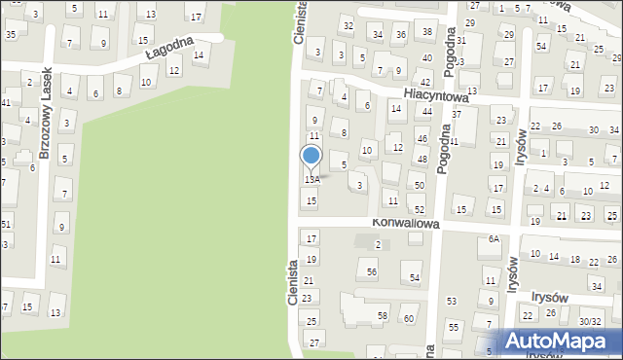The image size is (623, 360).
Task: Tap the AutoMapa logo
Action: (559, 342)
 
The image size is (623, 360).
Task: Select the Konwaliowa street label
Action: (406, 223)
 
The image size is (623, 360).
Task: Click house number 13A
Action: (311, 180)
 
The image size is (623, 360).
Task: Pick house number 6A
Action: (494, 239)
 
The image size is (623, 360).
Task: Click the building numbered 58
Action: (383, 316)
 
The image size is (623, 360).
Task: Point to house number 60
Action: (409, 318)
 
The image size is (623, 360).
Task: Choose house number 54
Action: (415, 279)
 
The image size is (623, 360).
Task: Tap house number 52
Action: (419, 210)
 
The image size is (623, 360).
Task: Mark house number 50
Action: (419, 185)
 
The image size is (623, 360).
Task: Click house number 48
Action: (421, 159)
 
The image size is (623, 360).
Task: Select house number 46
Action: (421, 139)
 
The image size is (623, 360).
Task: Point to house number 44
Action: (426, 112)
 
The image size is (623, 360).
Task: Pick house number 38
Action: (426, 32)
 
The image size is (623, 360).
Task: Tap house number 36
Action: (401, 35)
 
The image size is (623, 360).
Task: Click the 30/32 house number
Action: (590, 322)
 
